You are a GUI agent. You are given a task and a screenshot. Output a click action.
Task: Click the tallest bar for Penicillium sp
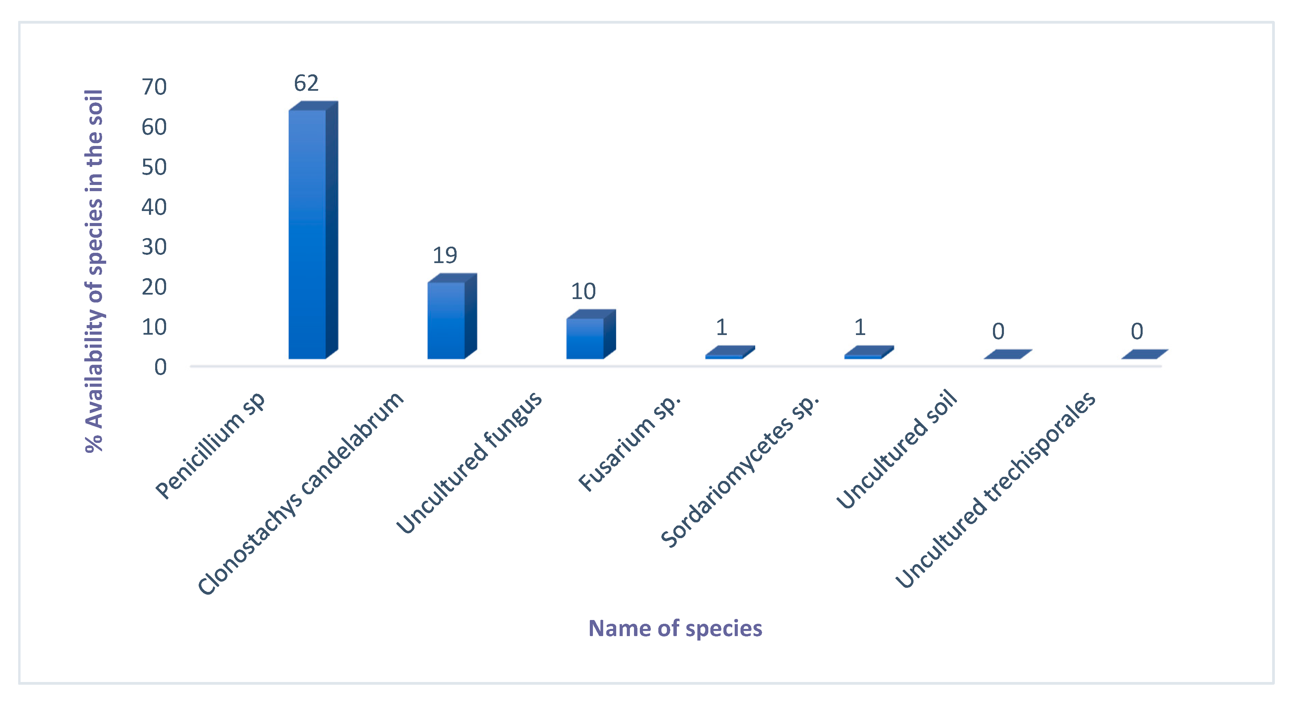point(308,233)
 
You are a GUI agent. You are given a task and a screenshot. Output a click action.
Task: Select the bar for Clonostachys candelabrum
point(446,320)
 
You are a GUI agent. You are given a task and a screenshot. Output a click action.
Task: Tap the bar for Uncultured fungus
point(585,338)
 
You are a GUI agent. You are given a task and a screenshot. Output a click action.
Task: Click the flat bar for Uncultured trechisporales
point(1144,355)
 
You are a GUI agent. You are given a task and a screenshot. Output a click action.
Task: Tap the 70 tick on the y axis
point(154,87)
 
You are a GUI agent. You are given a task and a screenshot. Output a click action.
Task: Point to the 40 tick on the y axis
point(154,207)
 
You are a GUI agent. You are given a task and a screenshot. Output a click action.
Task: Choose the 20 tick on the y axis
point(154,287)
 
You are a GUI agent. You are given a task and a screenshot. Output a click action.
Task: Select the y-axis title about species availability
point(94,271)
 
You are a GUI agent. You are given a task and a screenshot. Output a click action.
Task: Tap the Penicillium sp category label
point(211,446)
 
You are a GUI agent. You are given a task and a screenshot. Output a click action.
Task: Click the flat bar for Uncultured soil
point(1007,355)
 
